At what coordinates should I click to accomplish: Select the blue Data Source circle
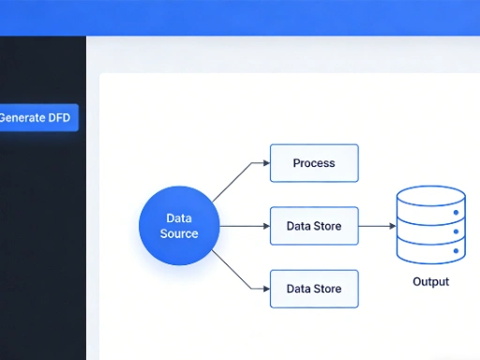pyautogui.click(x=179, y=226)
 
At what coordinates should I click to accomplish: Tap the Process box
pyautogui.click(x=314, y=163)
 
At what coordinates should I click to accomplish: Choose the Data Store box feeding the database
pyautogui.click(x=314, y=226)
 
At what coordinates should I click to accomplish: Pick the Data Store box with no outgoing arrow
pyautogui.click(x=314, y=289)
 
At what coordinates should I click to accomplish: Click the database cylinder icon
pyautogui.click(x=430, y=225)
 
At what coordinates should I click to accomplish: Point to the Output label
pyautogui.click(x=430, y=281)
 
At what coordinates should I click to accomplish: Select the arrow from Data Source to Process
pyautogui.click(x=234, y=178)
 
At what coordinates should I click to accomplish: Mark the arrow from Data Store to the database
pyautogui.click(x=375, y=226)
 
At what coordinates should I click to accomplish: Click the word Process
pyautogui.click(x=314, y=163)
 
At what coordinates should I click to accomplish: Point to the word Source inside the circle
pyautogui.click(x=179, y=233)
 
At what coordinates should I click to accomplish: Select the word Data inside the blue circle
pyautogui.click(x=179, y=218)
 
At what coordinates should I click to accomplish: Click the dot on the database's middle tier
pyautogui.click(x=457, y=231)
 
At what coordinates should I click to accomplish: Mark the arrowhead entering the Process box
pyautogui.click(x=265, y=163)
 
